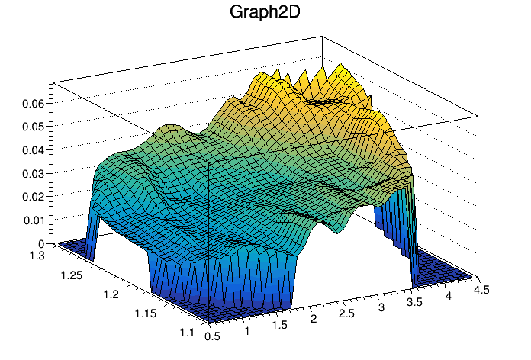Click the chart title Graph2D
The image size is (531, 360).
tap(265, 13)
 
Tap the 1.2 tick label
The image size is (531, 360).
tap(111, 294)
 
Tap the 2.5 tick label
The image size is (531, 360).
tap(347, 313)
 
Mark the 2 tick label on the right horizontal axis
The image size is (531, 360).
tap(314, 318)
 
